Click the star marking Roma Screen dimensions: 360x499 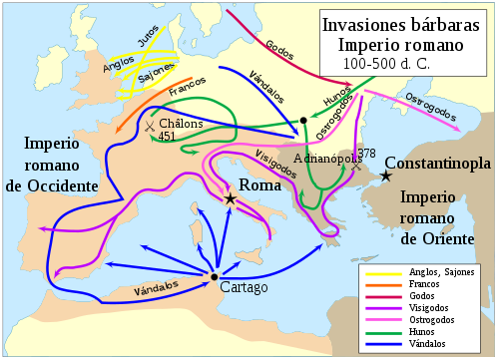pos(231,199)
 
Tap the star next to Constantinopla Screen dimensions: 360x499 pos(385,177)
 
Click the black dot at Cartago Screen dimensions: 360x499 pos(215,276)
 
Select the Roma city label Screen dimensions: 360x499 pos(261,186)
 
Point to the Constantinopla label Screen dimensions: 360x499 pos(438,163)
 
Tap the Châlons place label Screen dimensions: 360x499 pos(181,123)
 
